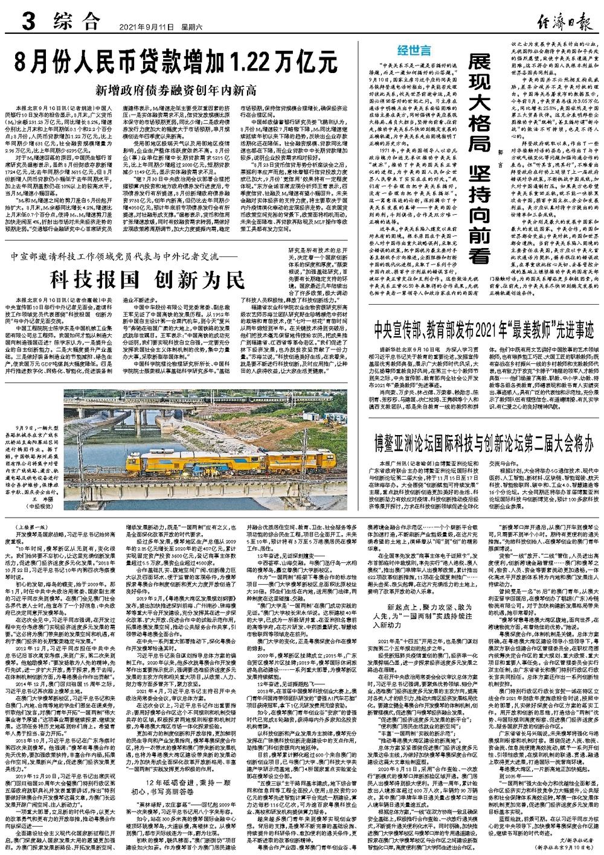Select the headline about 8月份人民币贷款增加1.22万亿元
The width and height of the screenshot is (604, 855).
[175, 62]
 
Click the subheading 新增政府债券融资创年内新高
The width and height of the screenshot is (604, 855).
[175, 91]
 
